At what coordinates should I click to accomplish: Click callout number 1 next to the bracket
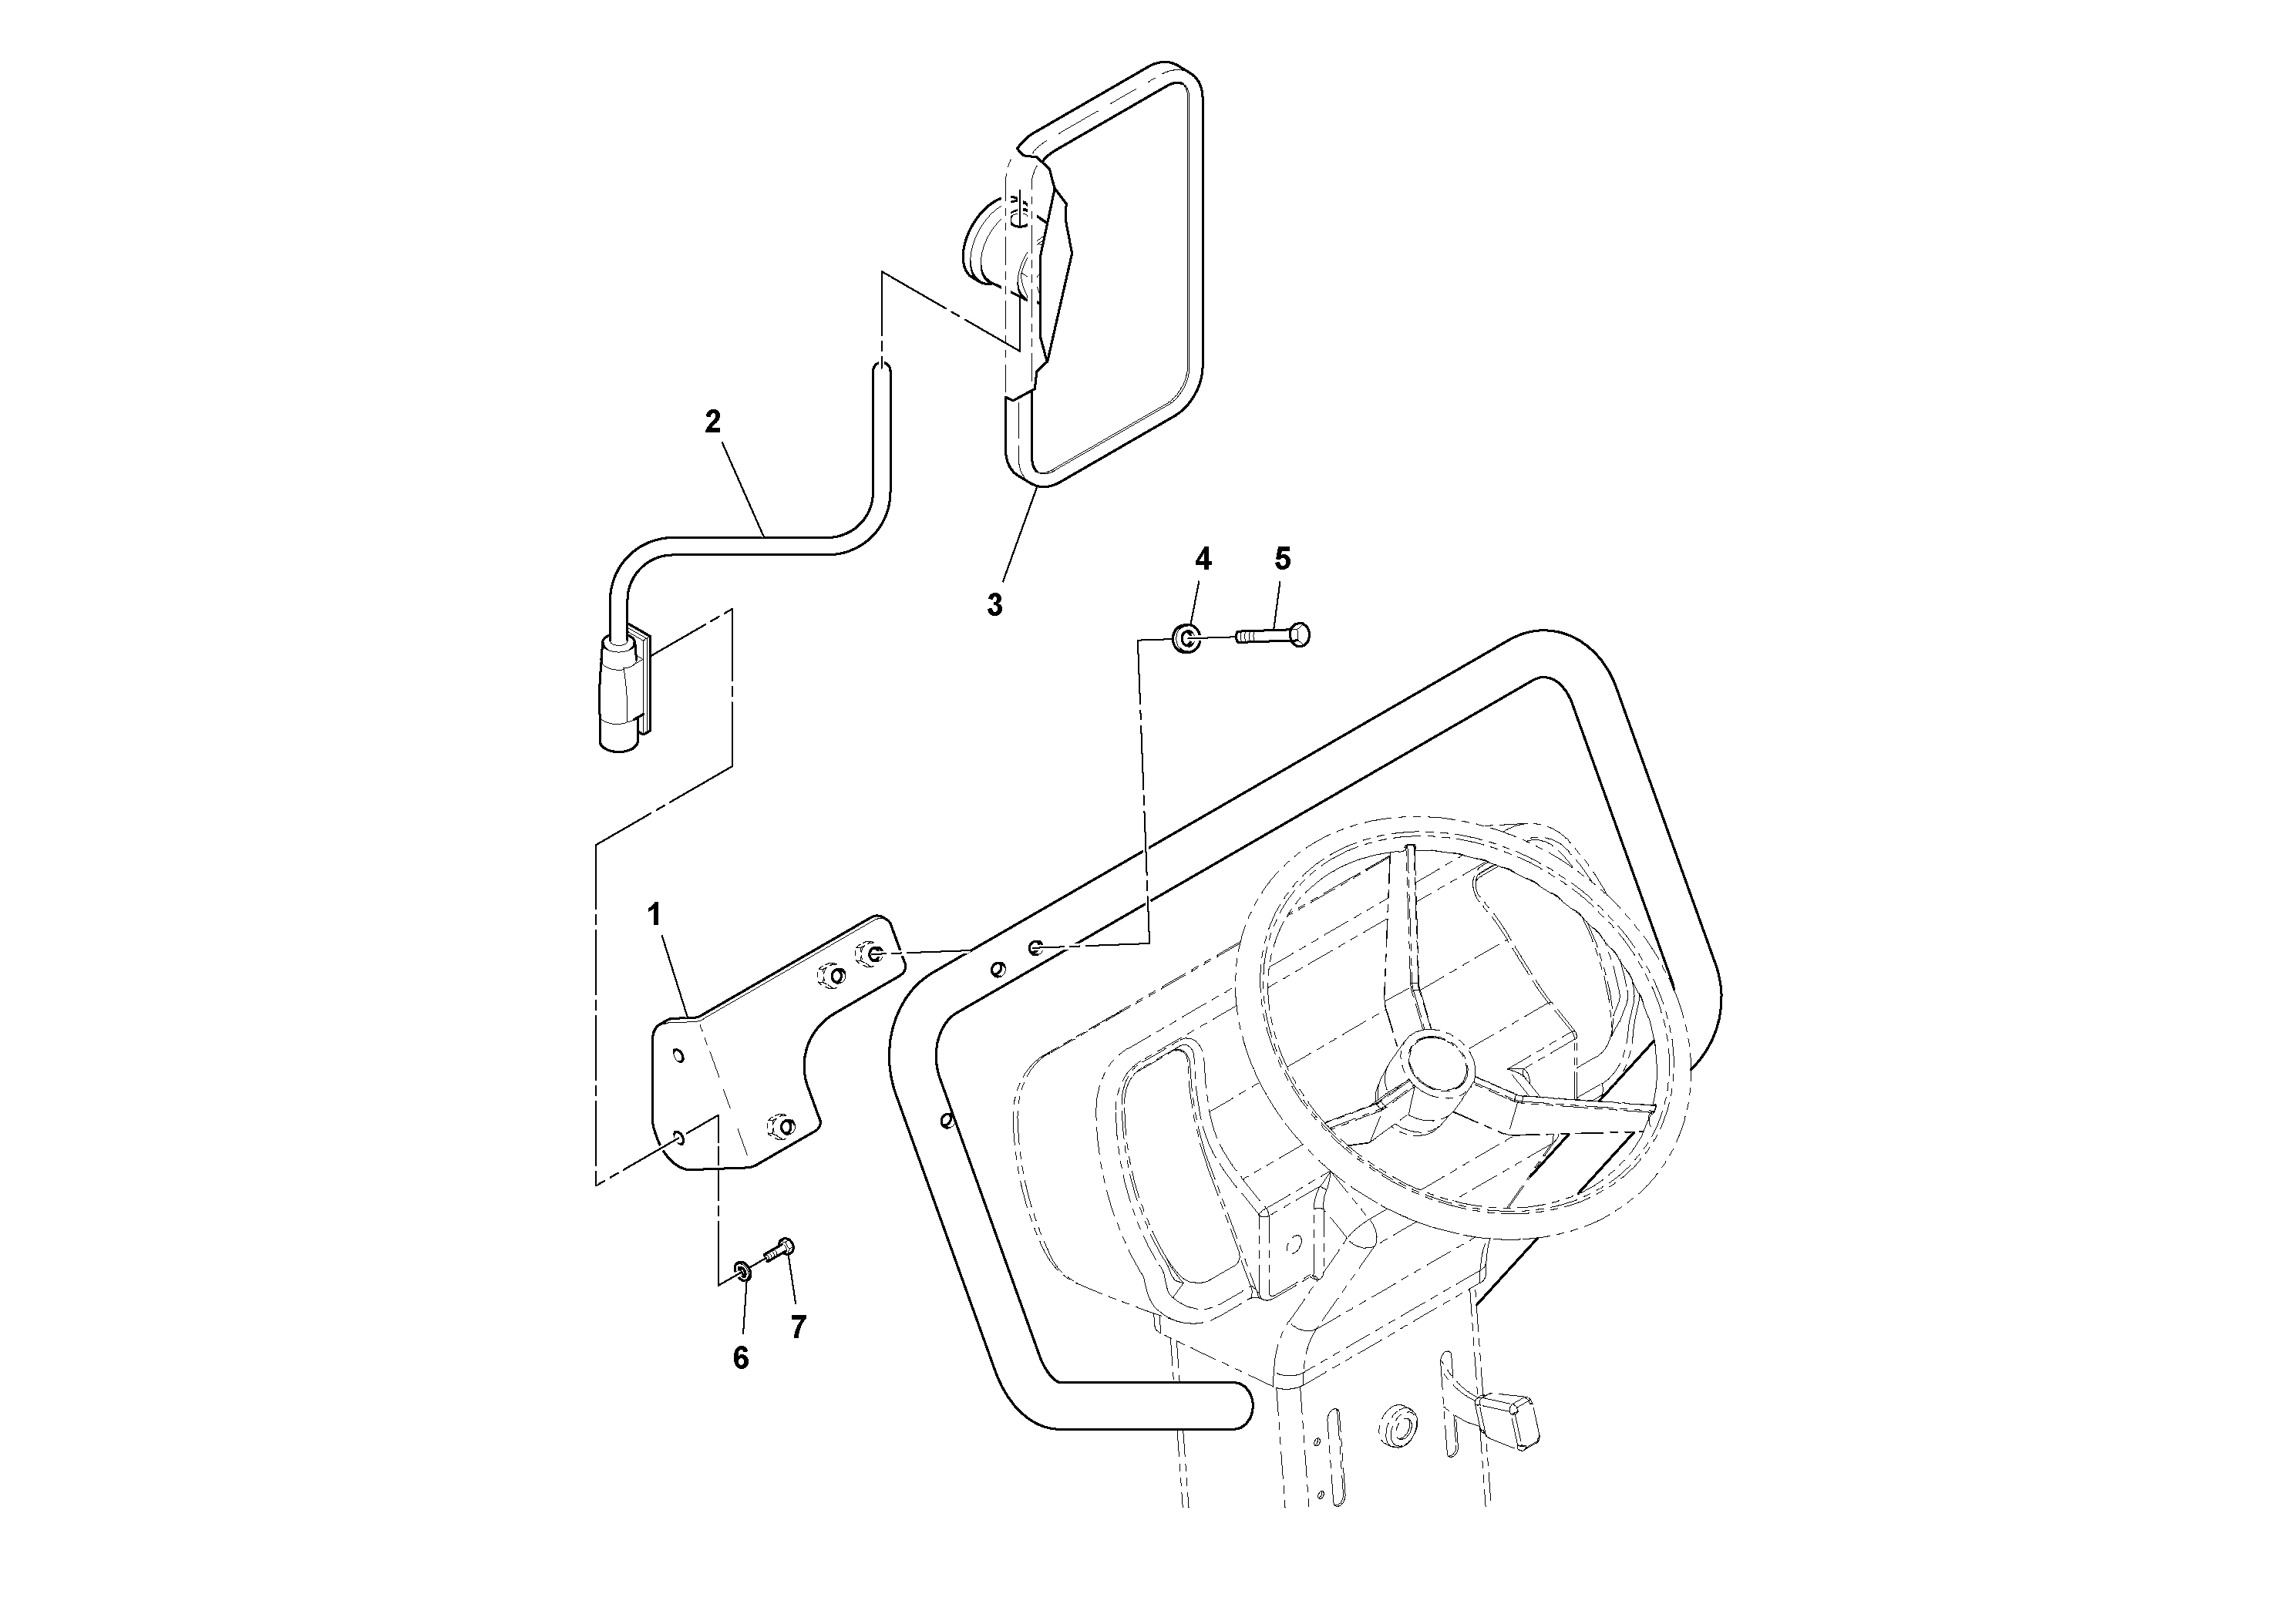[x=655, y=914]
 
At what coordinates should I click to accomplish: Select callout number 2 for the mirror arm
[x=712, y=422]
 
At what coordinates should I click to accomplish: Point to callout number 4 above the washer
[x=1203, y=560]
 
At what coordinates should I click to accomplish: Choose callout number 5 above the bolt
[x=1283, y=560]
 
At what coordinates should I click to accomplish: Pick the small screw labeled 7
[x=779, y=1249]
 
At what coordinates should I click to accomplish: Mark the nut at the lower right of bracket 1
[x=781, y=1126]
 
